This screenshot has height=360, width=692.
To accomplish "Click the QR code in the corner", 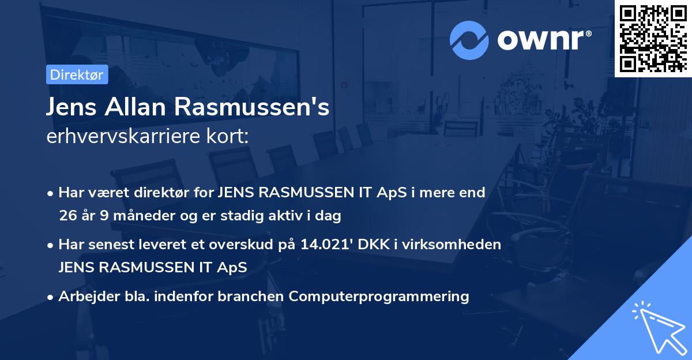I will [x=653, y=39].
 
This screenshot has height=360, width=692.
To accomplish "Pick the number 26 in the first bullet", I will [x=67, y=216].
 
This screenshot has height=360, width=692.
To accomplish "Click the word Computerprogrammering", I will [x=379, y=297].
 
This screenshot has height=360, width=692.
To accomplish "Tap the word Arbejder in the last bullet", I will [x=82, y=297].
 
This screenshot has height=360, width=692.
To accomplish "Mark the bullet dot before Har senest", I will [x=51, y=245].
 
